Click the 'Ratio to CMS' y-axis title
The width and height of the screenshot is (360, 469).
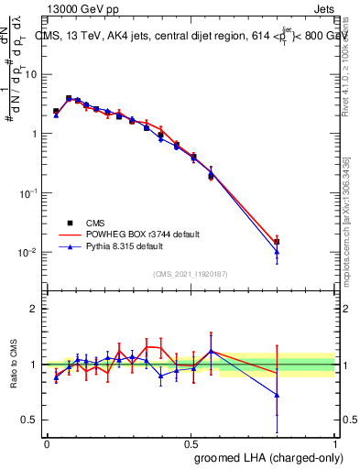click(x=14, y=364)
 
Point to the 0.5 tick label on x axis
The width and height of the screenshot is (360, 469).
click(x=191, y=443)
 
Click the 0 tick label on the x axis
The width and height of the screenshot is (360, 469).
click(x=47, y=443)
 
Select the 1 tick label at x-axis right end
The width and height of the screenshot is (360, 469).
click(x=334, y=443)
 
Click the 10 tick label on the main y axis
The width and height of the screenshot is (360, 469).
click(x=31, y=74)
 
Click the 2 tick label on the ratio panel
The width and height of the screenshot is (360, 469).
click(x=35, y=309)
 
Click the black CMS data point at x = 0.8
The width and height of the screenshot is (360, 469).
click(x=277, y=242)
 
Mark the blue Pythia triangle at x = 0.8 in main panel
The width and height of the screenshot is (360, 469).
click(x=277, y=252)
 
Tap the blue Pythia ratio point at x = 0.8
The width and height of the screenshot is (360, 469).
click(x=277, y=395)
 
